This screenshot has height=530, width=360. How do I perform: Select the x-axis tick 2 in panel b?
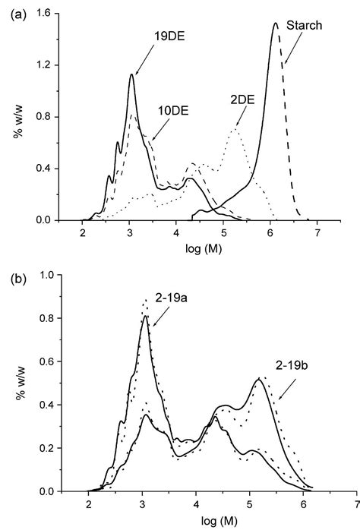tap(90, 504)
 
